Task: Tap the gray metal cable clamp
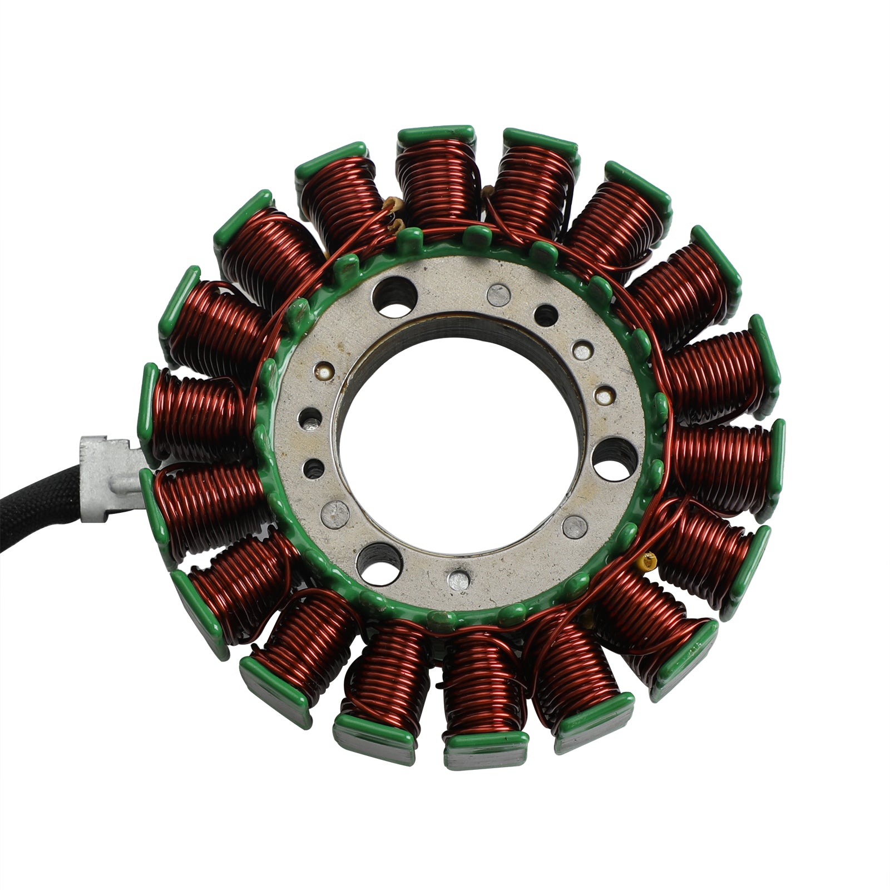pos(108,478)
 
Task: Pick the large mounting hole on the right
pos(615,458)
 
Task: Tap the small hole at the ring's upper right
pos(546,315)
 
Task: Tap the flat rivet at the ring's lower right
pos(575,525)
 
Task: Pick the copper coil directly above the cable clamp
pos(200,412)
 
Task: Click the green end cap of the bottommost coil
pos(485,743)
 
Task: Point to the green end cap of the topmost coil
pos(436,133)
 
